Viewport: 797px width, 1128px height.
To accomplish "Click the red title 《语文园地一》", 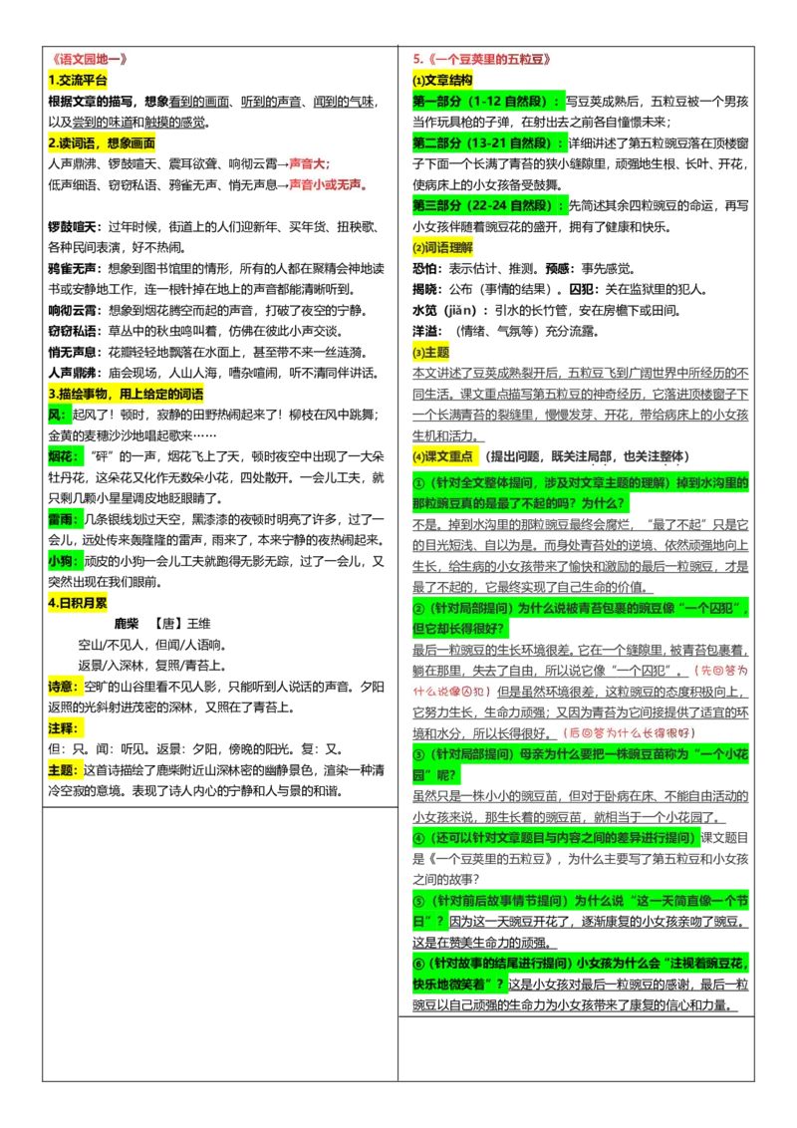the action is [90, 59].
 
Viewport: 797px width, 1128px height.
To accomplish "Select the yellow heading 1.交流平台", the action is [78, 80].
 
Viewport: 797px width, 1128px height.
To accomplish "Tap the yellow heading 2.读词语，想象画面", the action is [102, 142].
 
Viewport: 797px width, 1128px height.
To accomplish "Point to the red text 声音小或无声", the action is [329, 185].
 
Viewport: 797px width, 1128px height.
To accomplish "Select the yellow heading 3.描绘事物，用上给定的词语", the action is [126, 394].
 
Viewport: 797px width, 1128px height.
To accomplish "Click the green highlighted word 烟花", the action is [66, 456].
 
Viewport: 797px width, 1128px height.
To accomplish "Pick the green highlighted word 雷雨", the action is [66, 519].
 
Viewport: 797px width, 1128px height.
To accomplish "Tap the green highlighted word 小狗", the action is [66, 561].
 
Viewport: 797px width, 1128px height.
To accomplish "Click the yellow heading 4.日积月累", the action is [78, 603].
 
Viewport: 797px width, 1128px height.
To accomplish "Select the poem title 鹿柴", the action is [127, 624].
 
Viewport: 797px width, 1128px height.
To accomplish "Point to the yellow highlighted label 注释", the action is [64, 728].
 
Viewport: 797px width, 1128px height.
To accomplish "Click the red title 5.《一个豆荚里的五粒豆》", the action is [482, 59].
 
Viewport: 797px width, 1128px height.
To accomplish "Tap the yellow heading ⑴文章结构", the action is [442, 80].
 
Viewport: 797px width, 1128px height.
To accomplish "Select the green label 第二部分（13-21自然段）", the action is [489, 142].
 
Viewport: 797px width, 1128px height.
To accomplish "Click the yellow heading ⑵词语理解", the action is [442, 247].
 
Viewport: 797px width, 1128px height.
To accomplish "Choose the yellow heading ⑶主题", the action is [430, 352].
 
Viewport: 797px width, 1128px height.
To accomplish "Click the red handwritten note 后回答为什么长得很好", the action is [629, 733].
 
